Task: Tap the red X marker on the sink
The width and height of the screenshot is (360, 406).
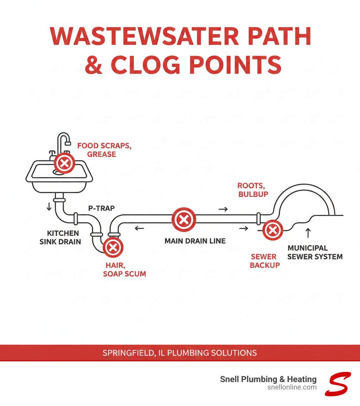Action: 64,163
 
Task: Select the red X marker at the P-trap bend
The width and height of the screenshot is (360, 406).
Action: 113,248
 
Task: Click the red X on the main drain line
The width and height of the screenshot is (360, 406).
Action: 183,220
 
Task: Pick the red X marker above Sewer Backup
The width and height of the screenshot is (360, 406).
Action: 272,230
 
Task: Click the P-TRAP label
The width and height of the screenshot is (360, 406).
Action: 101,208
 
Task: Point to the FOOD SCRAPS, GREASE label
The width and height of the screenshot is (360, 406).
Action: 104,150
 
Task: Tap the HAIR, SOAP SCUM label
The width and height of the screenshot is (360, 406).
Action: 124,270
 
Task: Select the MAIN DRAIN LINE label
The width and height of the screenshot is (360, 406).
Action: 195,241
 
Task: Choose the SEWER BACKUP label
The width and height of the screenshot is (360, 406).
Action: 263,261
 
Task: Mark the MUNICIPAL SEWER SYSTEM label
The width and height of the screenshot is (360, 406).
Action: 315,252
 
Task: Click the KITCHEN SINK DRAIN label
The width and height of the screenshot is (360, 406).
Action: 64,237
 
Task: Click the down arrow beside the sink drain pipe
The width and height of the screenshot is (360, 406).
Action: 49,207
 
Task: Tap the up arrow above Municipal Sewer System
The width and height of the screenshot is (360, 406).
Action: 308,233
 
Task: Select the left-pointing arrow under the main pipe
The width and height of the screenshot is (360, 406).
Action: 139,228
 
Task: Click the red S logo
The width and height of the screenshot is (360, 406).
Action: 337,384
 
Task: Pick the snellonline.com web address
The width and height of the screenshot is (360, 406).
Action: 292,387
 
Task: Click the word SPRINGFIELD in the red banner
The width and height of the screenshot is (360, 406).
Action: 127,353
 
